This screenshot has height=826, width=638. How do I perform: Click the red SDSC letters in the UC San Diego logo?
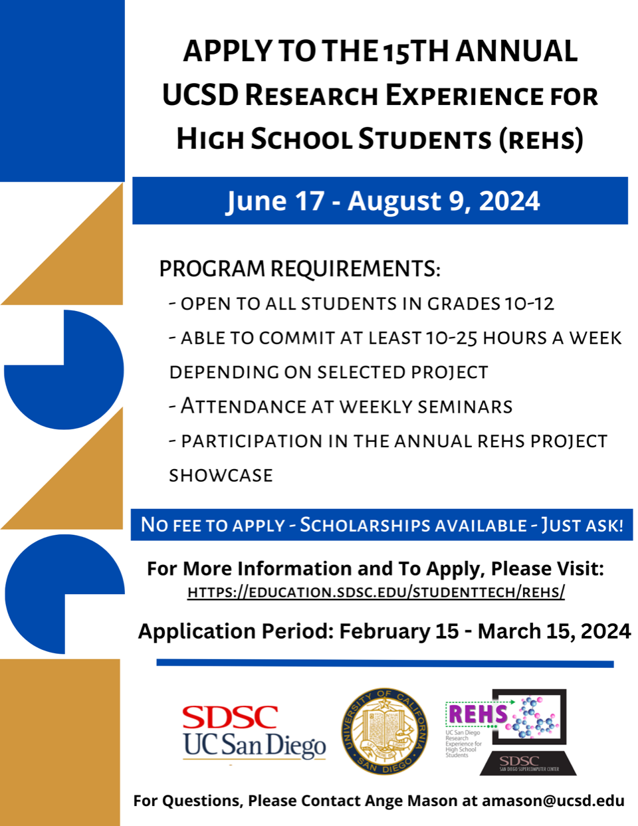pos(230,717)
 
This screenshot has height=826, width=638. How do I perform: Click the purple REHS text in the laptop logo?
pos(478,714)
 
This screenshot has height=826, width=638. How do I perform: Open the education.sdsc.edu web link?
pos(376,592)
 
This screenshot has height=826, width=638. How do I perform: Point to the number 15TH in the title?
pos(416,52)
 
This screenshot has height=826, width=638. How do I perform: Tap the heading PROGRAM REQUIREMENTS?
pos(300,268)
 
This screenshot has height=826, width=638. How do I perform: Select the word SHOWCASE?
pos(221,475)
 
